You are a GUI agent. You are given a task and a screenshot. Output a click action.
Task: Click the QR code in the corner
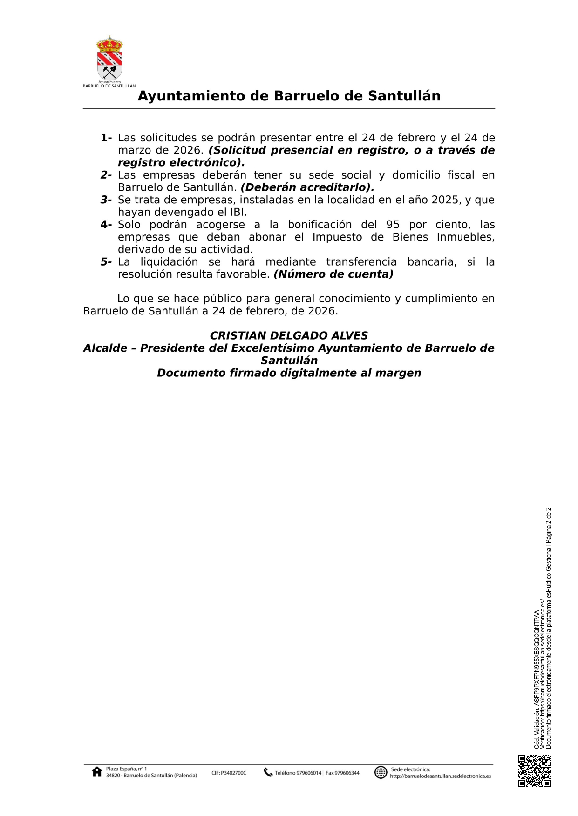[534, 771]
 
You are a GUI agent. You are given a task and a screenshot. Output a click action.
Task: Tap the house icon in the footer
[97, 772]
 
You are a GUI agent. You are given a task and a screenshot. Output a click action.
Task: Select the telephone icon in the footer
[268, 772]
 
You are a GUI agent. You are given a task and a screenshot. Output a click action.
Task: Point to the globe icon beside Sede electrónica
[381, 772]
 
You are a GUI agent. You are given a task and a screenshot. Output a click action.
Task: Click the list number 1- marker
[106, 138]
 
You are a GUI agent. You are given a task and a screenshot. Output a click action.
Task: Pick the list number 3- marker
[106, 200]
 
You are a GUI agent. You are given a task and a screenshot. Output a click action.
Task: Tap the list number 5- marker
[106, 262]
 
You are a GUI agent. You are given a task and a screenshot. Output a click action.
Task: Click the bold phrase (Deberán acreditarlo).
[307, 187]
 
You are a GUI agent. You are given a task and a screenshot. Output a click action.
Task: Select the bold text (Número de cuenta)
[333, 274]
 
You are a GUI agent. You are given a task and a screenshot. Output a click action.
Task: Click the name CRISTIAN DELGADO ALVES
[289, 336]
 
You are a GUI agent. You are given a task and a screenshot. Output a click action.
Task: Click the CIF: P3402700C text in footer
[229, 773]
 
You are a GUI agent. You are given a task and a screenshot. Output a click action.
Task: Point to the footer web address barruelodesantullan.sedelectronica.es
[440, 776]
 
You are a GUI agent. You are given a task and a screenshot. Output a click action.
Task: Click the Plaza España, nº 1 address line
[126, 769]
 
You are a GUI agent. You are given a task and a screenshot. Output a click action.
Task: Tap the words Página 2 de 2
[548, 525]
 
